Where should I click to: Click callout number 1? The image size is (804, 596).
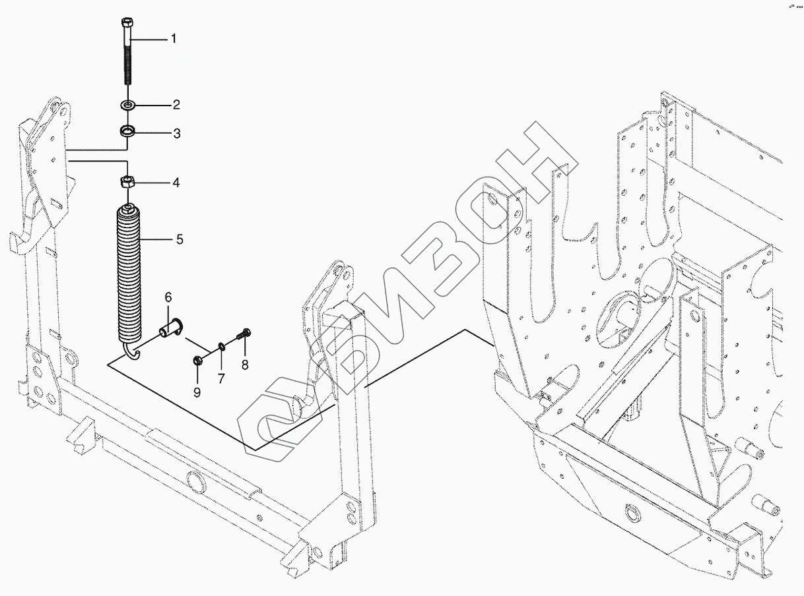(x=174, y=39)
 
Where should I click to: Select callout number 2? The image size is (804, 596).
(x=176, y=104)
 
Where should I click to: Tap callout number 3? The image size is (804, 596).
(x=176, y=134)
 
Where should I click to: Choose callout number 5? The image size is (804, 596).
(x=179, y=239)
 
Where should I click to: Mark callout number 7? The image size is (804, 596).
(x=221, y=379)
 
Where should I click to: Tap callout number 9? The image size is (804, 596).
(x=197, y=393)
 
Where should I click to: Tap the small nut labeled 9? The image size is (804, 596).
(x=197, y=359)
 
